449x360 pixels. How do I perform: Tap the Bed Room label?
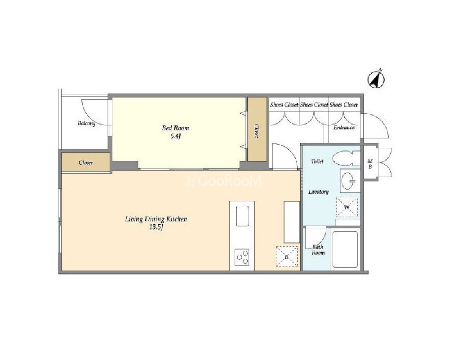(176, 128)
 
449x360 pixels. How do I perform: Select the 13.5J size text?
(156, 227)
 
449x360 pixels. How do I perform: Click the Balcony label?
(86, 124)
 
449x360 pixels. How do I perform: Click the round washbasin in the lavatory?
(348, 181)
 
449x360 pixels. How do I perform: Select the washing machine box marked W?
(347, 207)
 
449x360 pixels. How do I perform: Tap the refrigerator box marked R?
(287, 257)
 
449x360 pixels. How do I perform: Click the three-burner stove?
(242, 257)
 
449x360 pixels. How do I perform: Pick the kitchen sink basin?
(242, 216)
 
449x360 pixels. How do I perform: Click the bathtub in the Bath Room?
(345, 249)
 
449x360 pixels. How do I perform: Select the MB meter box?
(370, 163)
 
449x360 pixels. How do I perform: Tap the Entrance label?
(344, 128)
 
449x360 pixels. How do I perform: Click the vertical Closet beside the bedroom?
(257, 129)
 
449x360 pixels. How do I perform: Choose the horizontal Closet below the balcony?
(85, 162)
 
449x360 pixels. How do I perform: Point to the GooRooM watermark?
(224, 181)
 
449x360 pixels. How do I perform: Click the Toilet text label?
(317, 161)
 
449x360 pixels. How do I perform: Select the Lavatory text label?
(318, 191)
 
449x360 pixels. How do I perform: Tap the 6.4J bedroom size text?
(175, 136)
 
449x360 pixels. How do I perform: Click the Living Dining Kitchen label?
(156, 219)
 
